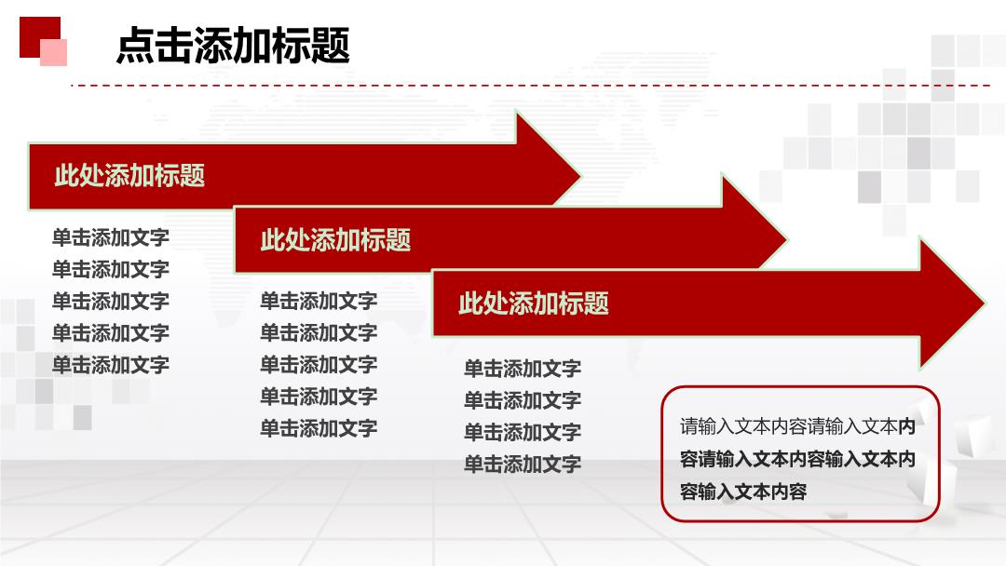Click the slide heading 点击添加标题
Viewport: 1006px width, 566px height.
(x=233, y=46)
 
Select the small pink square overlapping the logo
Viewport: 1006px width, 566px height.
(x=54, y=52)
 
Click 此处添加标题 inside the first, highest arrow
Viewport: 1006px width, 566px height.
(x=129, y=176)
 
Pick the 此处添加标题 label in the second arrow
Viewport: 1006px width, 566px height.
(x=335, y=240)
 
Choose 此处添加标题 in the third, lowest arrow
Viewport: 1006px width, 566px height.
(x=534, y=303)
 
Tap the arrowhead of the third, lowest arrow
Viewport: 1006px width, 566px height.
(x=953, y=303)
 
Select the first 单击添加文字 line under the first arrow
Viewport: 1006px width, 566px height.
(x=110, y=237)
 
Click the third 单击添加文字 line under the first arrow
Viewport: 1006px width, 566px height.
(x=110, y=302)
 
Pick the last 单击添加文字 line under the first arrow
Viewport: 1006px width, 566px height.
(x=110, y=365)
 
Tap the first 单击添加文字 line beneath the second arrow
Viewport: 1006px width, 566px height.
(x=319, y=301)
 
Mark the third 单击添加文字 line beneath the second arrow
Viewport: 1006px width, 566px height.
(x=319, y=364)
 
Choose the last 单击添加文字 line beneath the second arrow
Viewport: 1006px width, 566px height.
(x=319, y=427)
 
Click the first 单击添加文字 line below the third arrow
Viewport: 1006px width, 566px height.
(x=523, y=369)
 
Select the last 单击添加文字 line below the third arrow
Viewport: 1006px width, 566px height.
(x=523, y=464)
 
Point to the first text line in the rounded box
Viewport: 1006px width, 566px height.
(x=797, y=426)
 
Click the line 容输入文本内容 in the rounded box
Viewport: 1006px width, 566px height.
(x=743, y=492)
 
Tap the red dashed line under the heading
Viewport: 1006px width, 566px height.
(x=530, y=85)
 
